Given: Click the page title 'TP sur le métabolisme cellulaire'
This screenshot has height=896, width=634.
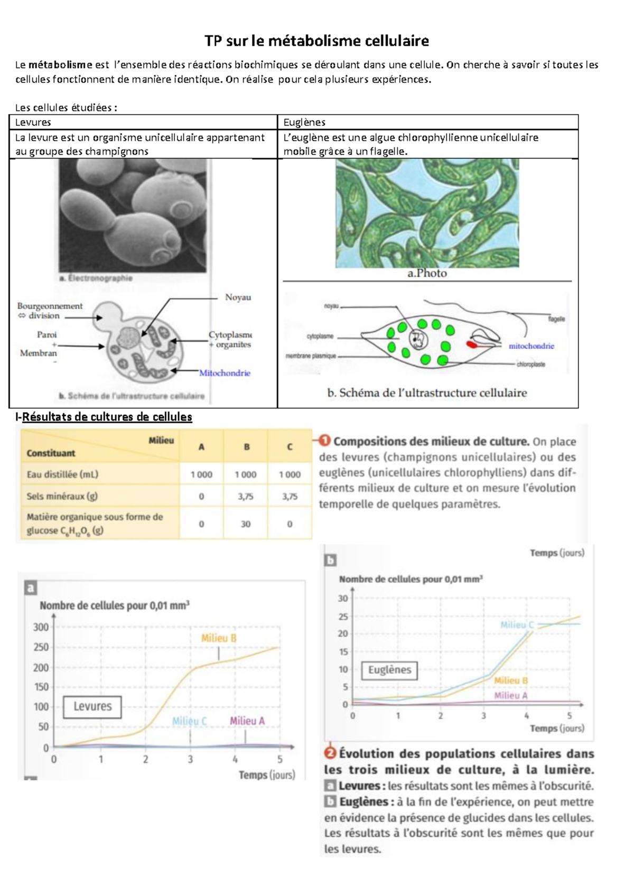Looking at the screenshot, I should (316, 41).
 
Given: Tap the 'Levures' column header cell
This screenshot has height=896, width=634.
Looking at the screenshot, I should (33, 122).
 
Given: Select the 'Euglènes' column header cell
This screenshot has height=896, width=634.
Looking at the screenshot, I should (304, 122).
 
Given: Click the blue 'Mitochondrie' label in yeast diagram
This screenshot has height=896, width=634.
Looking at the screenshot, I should (225, 373).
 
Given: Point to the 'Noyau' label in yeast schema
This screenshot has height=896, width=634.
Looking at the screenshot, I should (238, 297).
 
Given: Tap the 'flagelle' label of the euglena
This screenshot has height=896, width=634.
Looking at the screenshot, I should (556, 319).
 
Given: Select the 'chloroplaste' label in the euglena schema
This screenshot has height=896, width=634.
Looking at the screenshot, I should (531, 365).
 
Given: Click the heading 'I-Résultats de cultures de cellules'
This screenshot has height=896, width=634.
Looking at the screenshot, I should (104, 417).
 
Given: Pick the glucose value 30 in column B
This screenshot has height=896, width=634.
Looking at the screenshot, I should (246, 524).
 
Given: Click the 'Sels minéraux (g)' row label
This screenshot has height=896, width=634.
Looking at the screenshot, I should (62, 496).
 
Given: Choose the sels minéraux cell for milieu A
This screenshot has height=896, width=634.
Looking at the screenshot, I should (201, 497).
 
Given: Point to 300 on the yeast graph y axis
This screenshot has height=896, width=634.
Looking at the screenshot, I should (41, 627).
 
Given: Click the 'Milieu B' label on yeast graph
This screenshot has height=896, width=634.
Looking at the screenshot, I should (219, 638).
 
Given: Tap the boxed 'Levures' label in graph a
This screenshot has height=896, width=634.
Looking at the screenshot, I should (92, 706).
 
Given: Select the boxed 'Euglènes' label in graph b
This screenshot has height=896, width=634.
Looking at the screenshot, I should (389, 670).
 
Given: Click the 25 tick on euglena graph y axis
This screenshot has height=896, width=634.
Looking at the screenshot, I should (343, 617).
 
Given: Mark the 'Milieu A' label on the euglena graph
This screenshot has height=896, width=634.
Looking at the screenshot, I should (510, 696).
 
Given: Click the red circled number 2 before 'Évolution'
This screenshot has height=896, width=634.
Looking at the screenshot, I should (330, 753).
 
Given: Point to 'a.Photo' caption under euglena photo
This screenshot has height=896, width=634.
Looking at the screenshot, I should (427, 273).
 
